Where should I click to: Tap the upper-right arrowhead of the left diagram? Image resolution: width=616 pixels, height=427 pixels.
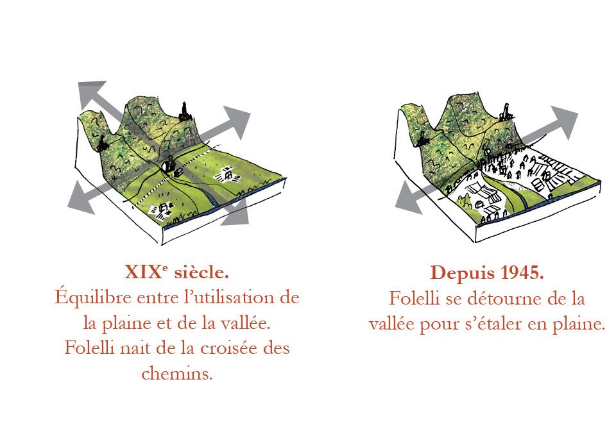[237, 120]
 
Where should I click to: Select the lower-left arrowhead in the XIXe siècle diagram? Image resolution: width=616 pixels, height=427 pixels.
[80, 200]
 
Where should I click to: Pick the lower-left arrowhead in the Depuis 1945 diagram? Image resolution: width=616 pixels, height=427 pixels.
[408, 200]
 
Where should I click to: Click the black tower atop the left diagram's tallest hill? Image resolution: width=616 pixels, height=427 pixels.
[185, 112]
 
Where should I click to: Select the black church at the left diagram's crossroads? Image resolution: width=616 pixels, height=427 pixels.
[169, 163]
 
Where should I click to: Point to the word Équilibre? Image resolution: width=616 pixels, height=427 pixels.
[92, 297]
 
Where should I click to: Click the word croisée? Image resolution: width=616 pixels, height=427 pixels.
[228, 348]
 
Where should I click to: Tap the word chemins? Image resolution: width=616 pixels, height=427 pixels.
[177, 373]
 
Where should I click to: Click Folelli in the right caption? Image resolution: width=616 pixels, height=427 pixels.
[414, 299]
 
